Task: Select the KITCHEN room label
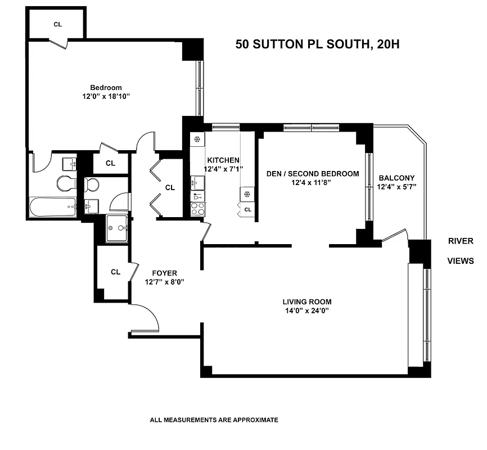(223, 160)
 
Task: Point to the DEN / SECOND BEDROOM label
(312, 174)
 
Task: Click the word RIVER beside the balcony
(461, 241)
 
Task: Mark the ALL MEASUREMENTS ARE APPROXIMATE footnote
(214, 420)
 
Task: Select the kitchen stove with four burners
(197, 209)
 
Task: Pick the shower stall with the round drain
(117, 228)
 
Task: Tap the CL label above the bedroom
(57, 24)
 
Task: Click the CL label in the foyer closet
(115, 272)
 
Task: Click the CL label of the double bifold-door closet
(170, 187)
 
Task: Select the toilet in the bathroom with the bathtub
(65, 183)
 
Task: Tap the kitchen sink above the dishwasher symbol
(196, 182)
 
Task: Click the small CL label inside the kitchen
(248, 209)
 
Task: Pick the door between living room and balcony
(394, 236)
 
